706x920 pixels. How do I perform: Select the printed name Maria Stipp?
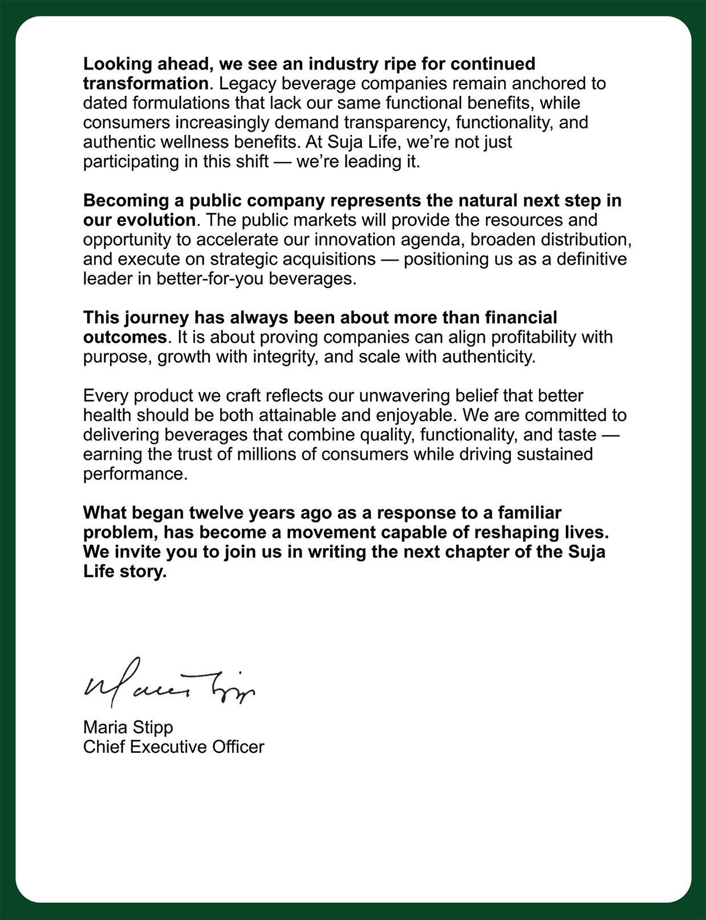click(x=128, y=727)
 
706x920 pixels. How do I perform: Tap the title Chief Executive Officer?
click(x=173, y=747)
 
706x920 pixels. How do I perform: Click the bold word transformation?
click(x=145, y=83)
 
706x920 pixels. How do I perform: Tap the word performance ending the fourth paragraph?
click(x=135, y=474)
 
